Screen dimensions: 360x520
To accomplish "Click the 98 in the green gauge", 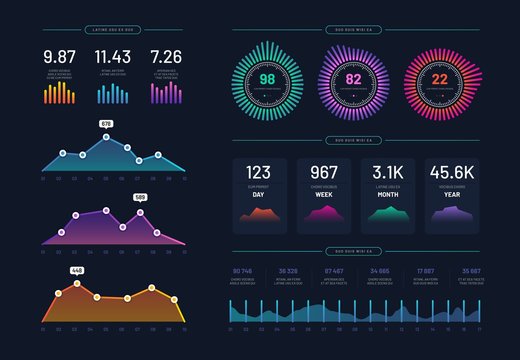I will coord(267,79).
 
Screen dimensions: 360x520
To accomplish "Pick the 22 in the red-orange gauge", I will coord(439,79).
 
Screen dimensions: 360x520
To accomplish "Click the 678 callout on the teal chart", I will coord(106,123).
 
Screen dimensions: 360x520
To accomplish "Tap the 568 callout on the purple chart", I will coord(141,197).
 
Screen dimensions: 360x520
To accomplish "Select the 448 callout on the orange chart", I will coord(76,271).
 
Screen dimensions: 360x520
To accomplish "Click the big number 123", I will coord(259,172).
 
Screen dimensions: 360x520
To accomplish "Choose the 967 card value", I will coord(324,172).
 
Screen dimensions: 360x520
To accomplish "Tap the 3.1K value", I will coord(387,172).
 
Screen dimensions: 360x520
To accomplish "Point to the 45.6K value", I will coord(451,172).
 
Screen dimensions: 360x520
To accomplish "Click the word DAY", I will coord(259,194).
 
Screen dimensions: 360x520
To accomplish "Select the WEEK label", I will coord(324,194).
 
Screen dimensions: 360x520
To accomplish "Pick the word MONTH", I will coord(387,194).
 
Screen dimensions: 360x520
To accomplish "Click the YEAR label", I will coord(451,194).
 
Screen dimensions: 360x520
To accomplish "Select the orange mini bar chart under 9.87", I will coord(60,93).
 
